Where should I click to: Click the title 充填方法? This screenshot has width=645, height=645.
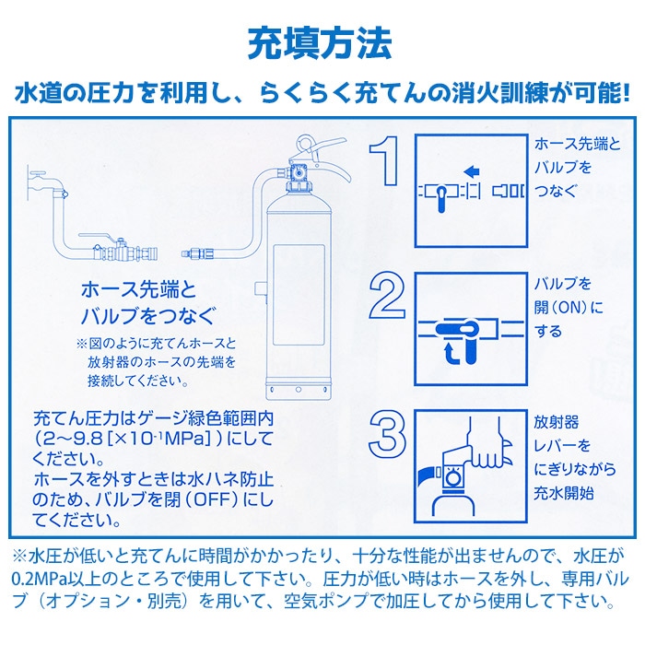pyautogui.click(x=322, y=42)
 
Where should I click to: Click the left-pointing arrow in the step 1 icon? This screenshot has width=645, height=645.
pyautogui.click(x=470, y=170)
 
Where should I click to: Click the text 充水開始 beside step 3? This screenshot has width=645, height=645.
pyautogui.click(x=564, y=494)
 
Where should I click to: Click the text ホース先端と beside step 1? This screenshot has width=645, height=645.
pyautogui.click(x=578, y=145)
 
